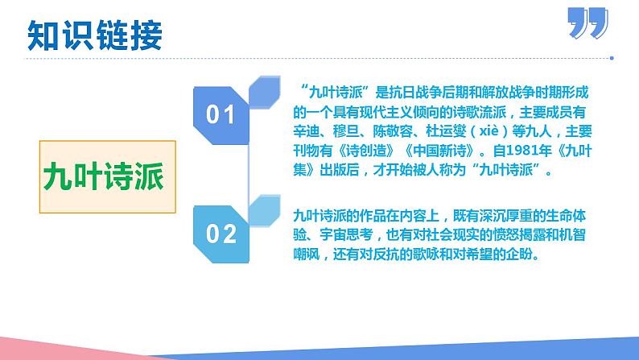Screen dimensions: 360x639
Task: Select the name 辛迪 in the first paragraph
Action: tap(311, 131)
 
